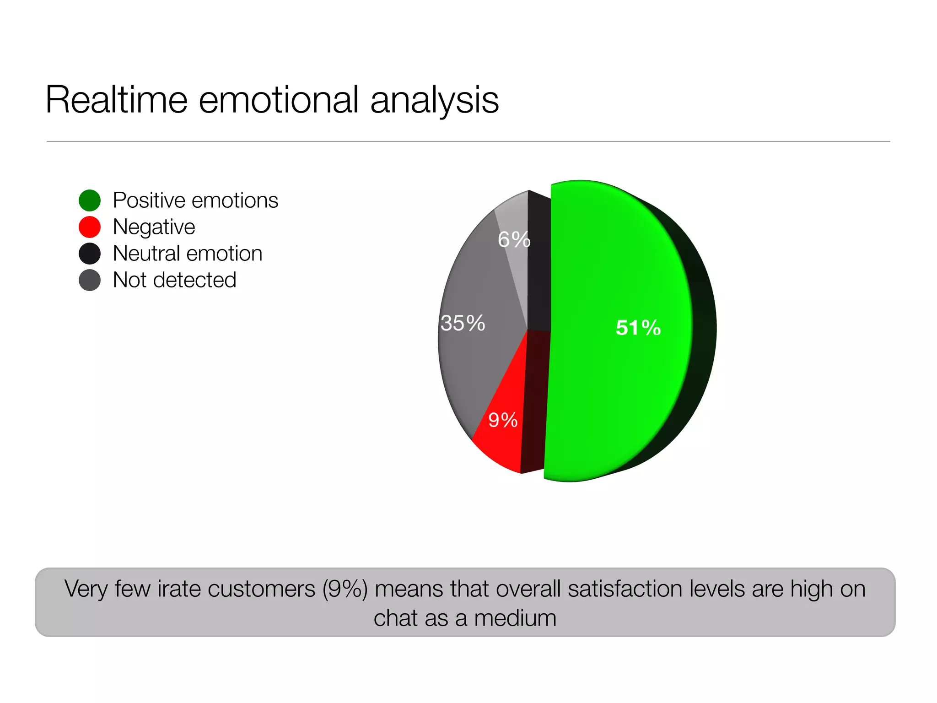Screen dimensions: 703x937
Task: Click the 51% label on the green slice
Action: (x=638, y=328)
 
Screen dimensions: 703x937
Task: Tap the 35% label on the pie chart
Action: (x=463, y=323)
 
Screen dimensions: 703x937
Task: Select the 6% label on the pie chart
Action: (x=514, y=239)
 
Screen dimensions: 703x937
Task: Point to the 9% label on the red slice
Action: (x=502, y=420)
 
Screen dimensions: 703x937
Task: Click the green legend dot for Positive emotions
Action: (x=90, y=200)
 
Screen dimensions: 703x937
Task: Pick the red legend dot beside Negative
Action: (x=90, y=227)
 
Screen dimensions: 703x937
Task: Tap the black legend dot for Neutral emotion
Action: (x=90, y=254)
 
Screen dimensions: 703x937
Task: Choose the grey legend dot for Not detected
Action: (x=90, y=280)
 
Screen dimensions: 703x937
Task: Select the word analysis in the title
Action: (x=434, y=100)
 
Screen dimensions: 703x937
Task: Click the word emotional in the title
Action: (x=279, y=100)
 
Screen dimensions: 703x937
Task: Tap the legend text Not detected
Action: (x=174, y=280)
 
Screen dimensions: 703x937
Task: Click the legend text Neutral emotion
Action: (x=188, y=254)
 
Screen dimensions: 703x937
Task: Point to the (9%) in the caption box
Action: (x=345, y=589)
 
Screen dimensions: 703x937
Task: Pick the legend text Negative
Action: (x=154, y=227)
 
